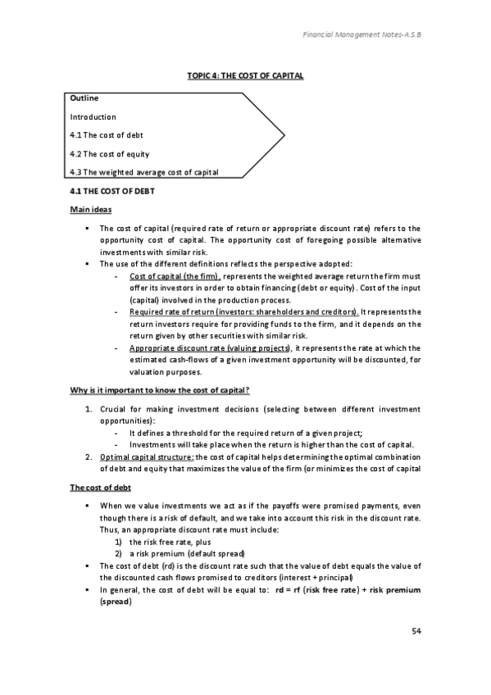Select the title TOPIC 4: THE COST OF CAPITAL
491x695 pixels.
tap(246, 75)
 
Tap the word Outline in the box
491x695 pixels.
tap(85, 99)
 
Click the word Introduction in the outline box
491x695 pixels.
tap(93, 117)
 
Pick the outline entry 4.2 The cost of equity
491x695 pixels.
tap(110, 153)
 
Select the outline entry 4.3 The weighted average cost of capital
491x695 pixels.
tap(147, 171)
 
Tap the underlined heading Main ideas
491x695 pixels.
tap(89, 211)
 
